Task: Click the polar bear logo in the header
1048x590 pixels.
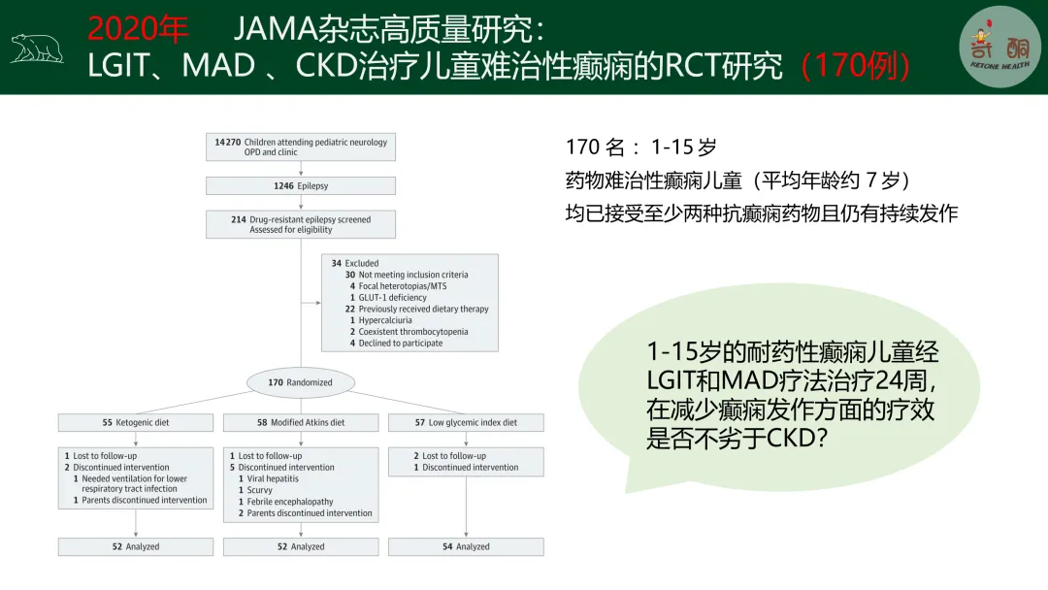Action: [37, 48]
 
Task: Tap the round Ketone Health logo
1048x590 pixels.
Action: [999, 47]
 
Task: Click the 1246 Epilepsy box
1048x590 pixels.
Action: [301, 185]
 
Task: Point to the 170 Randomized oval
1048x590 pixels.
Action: [300, 382]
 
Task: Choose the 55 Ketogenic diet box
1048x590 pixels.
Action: [136, 423]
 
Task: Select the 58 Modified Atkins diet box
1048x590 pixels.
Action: [301, 423]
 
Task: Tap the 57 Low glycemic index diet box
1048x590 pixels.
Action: [466, 423]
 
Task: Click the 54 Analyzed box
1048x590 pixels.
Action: [466, 547]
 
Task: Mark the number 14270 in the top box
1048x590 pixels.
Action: [228, 143]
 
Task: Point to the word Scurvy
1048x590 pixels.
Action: [259, 490]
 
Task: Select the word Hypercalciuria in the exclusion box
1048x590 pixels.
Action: [385, 320]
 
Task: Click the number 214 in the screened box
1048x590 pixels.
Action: [238, 220]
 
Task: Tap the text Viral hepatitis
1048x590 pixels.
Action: [273, 478]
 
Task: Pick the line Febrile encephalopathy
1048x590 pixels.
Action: [289, 502]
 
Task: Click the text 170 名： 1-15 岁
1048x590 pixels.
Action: [641, 147]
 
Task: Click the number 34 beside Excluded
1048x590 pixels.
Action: [336, 263]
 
